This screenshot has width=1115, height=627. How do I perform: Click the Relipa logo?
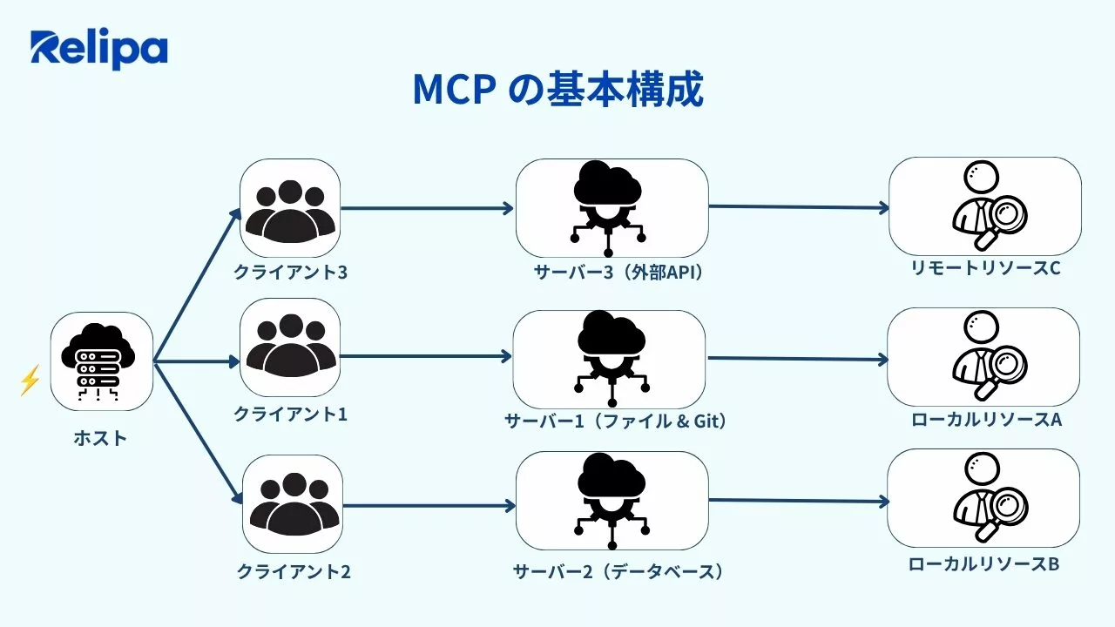point(98,50)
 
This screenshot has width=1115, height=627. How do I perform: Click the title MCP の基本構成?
point(557,90)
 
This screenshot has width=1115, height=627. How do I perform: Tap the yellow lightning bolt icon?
point(30,380)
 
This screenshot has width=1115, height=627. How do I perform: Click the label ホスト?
point(100,438)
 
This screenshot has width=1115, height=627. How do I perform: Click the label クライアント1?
point(290,415)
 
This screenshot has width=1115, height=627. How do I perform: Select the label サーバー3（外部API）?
point(618,273)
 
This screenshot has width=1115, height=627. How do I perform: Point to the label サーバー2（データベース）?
point(618,572)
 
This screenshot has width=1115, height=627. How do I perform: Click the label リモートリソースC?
point(985,267)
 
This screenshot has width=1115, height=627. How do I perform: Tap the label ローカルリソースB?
point(983,564)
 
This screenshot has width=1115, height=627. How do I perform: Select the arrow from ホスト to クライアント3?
point(197,286)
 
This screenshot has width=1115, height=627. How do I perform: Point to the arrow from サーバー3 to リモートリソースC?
point(799,207)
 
